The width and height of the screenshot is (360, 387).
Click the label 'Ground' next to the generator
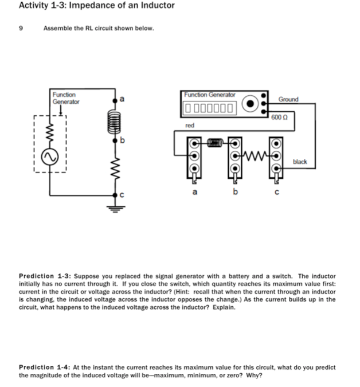(x=288, y=99)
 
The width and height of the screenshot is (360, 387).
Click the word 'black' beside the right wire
(x=300, y=162)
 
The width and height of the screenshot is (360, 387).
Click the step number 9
(x=21, y=28)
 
